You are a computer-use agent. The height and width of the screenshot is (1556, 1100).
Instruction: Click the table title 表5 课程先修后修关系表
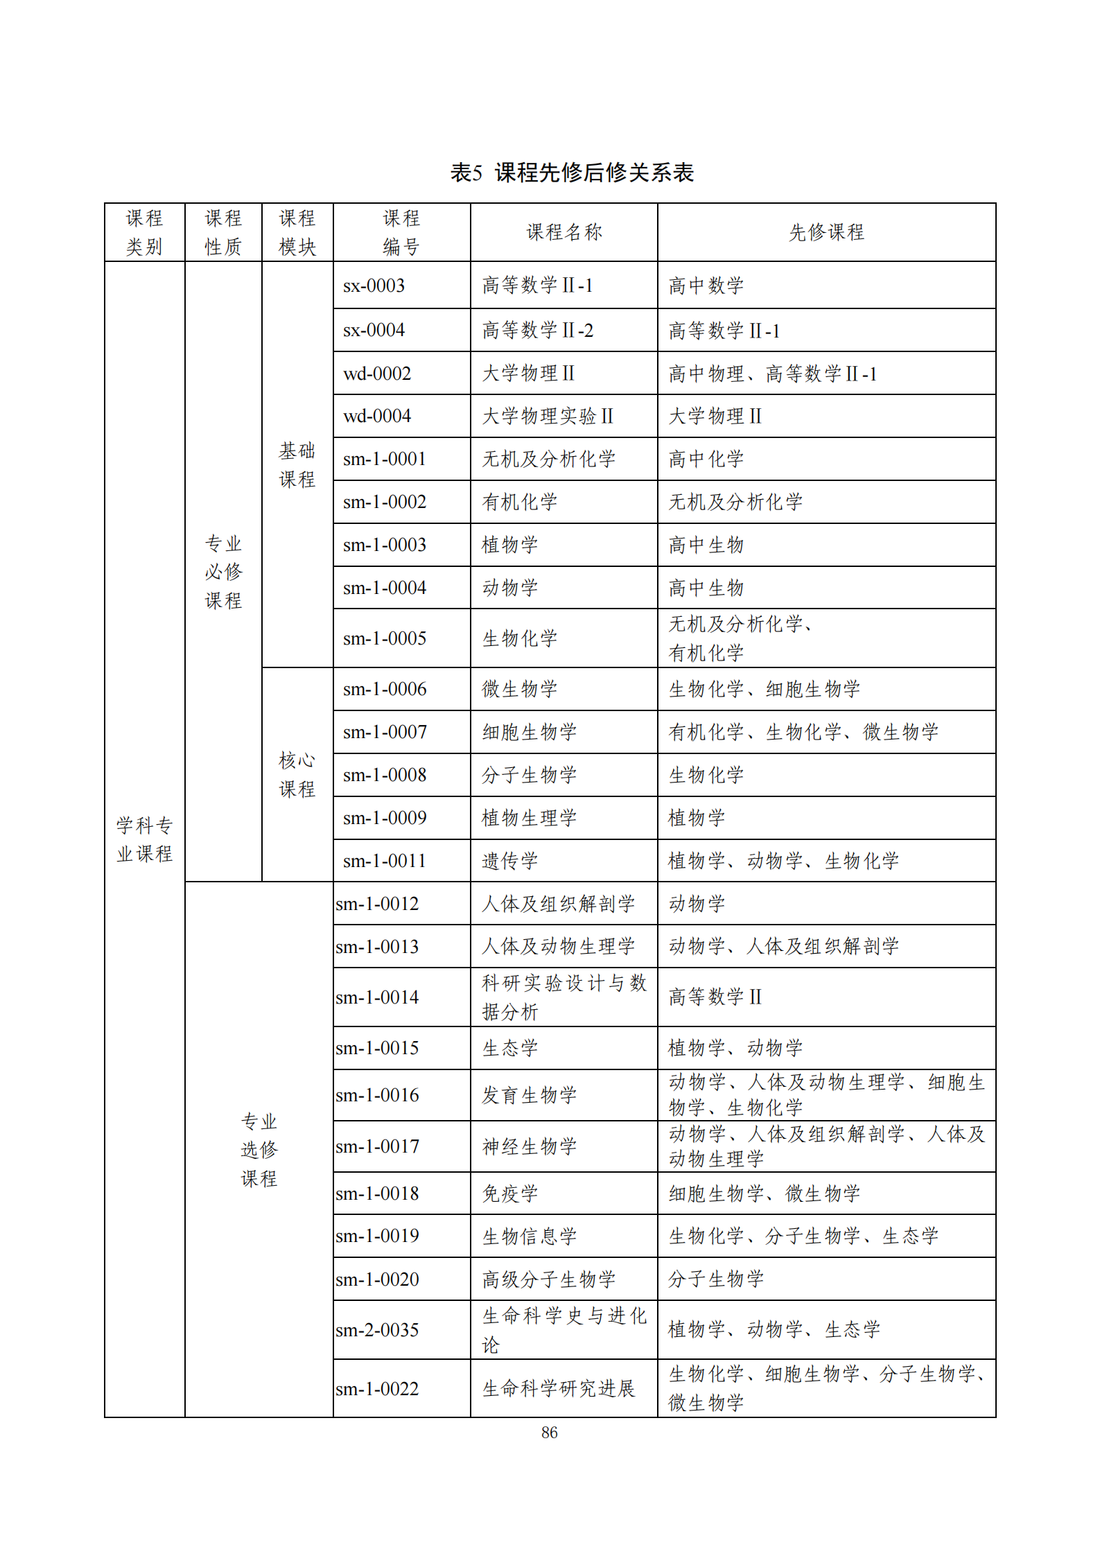click(x=572, y=173)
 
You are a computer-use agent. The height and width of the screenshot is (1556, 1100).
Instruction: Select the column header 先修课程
click(x=826, y=232)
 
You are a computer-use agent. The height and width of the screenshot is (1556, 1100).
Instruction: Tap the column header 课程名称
click(x=564, y=232)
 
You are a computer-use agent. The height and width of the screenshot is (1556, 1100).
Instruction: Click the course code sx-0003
click(x=374, y=286)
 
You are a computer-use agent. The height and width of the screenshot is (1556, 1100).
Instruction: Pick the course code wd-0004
click(x=377, y=416)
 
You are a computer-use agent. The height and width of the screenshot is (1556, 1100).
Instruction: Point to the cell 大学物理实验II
click(x=548, y=416)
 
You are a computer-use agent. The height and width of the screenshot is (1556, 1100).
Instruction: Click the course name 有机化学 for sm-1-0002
click(x=520, y=502)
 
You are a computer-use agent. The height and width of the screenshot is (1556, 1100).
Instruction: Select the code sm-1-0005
click(x=385, y=638)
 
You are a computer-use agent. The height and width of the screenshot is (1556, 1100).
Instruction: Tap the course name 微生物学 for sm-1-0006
click(x=520, y=689)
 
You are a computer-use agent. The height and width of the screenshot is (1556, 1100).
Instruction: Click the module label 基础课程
click(x=297, y=465)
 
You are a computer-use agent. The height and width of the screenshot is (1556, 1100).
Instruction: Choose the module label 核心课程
click(x=297, y=774)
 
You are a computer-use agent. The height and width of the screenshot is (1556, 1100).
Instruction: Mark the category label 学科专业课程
click(x=144, y=839)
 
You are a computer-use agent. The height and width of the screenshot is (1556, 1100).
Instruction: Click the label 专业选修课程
click(x=259, y=1149)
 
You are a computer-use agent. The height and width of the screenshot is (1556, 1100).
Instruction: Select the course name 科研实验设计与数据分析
click(x=564, y=997)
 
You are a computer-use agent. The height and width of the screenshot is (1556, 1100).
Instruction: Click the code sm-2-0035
click(x=378, y=1329)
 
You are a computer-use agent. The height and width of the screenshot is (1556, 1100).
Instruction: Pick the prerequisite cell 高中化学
click(x=706, y=459)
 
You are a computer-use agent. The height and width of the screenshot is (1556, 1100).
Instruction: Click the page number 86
click(x=549, y=1432)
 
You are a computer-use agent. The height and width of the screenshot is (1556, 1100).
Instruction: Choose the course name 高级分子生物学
click(x=549, y=1279)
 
